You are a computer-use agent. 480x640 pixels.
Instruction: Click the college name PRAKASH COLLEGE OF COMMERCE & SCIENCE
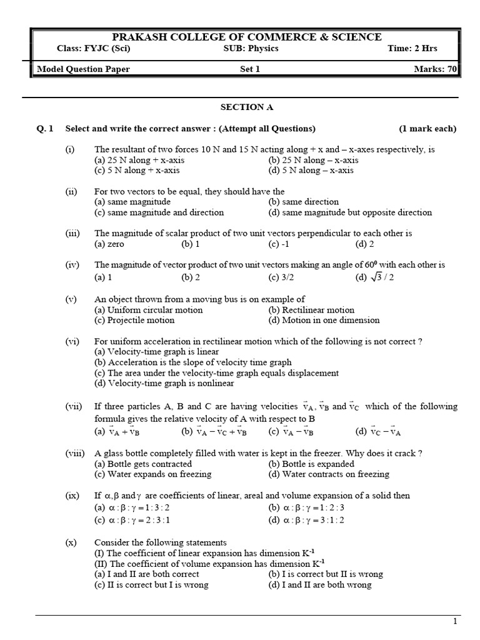point(246,37)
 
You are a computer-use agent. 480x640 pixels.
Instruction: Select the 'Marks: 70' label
point(435,69)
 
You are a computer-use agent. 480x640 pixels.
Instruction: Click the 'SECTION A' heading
point(247,107)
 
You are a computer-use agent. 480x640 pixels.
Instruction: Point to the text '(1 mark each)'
point(427,129)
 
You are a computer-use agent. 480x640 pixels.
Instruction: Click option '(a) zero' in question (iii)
point(109,244)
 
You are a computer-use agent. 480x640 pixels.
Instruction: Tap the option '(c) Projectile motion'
point(134,320)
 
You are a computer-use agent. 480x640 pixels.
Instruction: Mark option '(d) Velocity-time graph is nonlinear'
point(164,383)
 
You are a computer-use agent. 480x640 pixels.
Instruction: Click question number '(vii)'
point(74,406)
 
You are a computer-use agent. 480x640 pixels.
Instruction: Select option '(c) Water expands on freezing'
point(152,474)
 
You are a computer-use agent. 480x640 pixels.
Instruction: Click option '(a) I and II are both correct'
point(147,574)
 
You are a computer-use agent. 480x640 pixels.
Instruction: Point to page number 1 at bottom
point(454,621)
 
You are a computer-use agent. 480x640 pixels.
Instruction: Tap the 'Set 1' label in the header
point(250,69)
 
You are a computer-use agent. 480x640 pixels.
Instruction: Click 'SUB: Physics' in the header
point(251,49)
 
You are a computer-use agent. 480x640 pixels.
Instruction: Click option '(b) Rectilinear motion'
point(311,310)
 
